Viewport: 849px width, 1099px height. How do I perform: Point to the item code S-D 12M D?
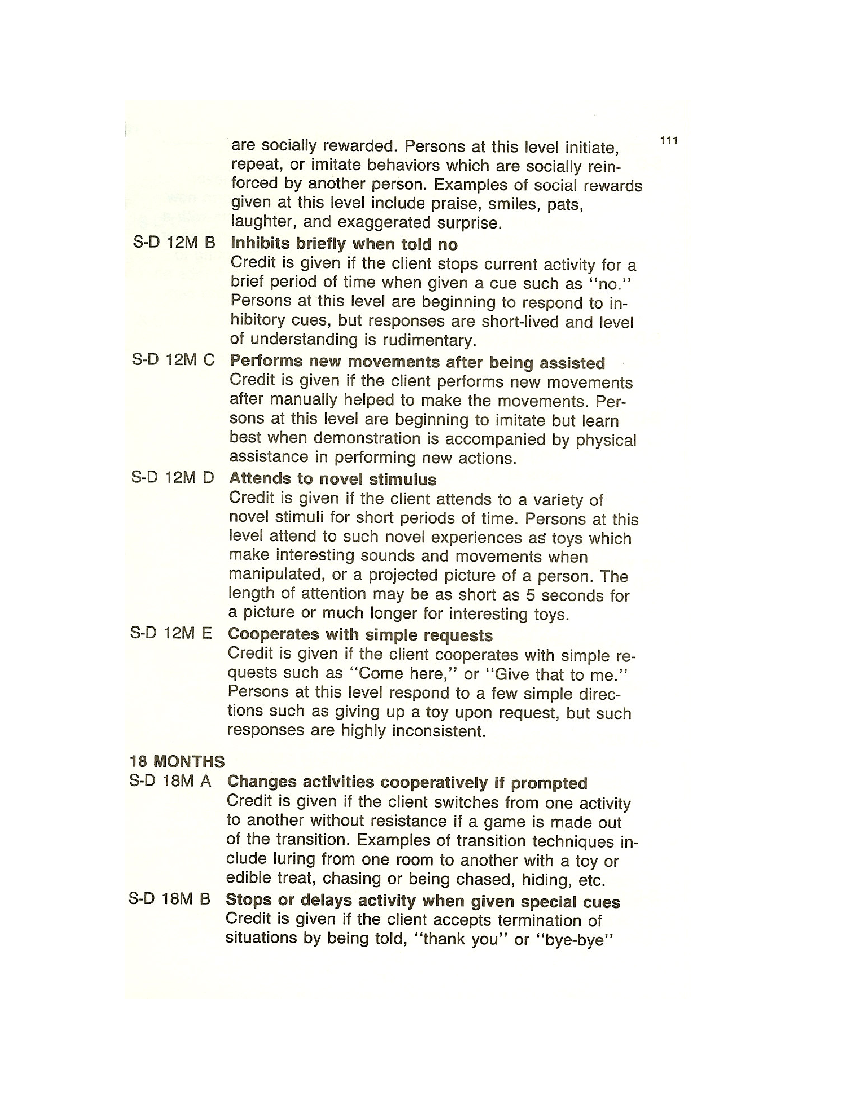(172, 477)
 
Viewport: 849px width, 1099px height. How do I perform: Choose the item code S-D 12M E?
(171, 633)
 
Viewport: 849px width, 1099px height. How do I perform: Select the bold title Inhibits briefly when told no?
(344, 244)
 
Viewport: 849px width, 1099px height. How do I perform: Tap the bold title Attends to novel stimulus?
(333, 479)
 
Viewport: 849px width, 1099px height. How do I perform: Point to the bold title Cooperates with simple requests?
(360, 635)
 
